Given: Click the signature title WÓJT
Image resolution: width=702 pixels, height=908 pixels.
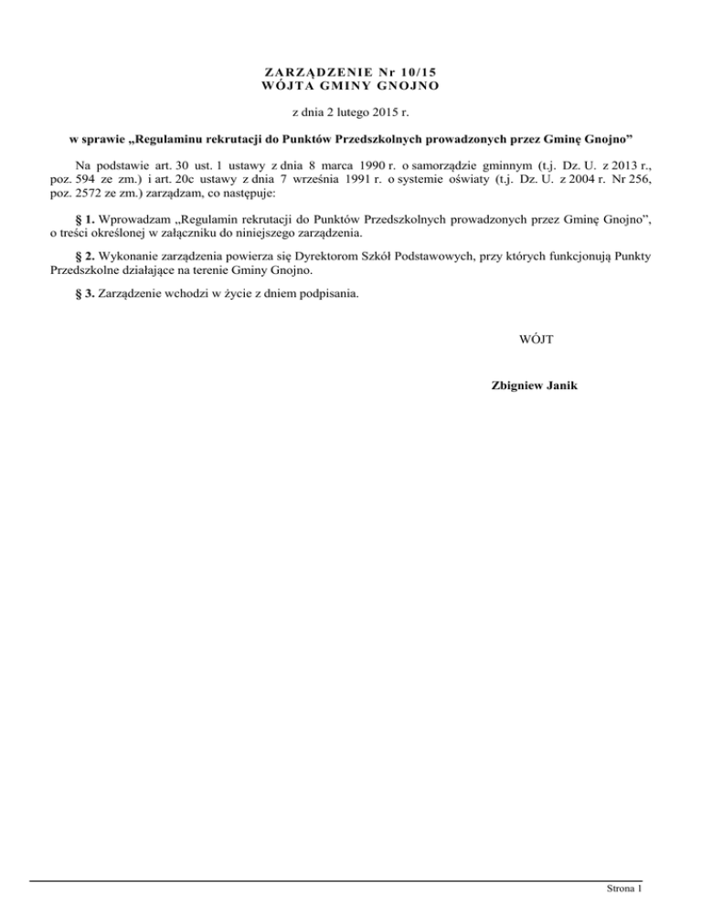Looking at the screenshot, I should point(533,340).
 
